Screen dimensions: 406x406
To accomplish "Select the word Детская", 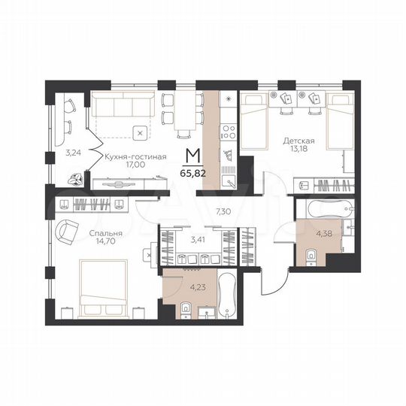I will (x=298, y=141).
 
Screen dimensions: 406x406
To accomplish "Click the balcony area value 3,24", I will (x=73, y=153).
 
